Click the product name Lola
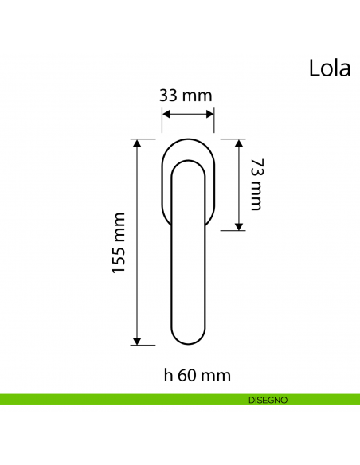pos(329,68)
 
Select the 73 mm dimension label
pos(255,185)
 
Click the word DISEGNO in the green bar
pos(268,399)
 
